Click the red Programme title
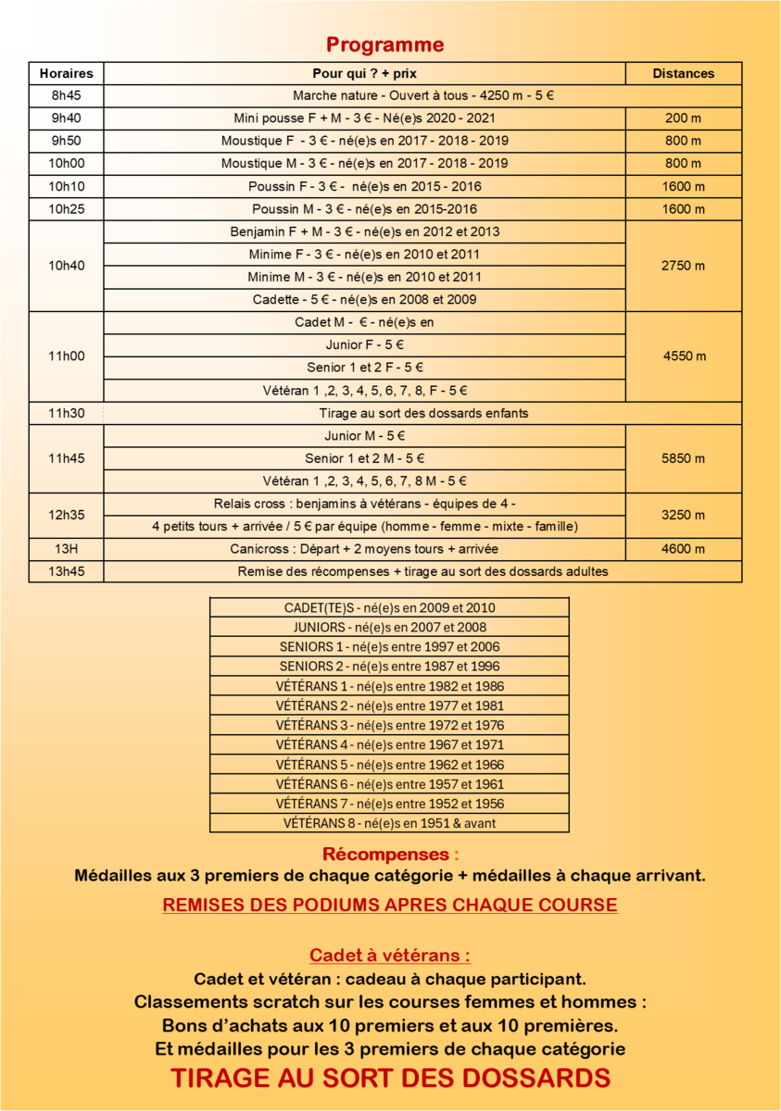(x=384, y=44)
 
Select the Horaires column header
(x=66, y=73)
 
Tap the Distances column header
(x=683, y=73)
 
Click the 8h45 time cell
(x=66, y=95)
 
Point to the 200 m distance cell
(x=683, y=118)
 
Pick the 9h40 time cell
(x=66, y=118)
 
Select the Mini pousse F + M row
(x=364, y=118)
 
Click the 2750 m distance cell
(x=683, y=266)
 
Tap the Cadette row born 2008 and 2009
(x=364, y=300)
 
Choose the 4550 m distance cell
(x=683, y=356)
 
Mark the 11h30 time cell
(x=66, y=413)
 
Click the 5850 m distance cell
(x=683, y=458)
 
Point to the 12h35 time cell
(x=66, y=515)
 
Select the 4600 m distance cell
(x=683, y=549)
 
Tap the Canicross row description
(x=364, y=549)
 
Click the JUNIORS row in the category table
(x=389, y=628)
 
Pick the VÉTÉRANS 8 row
(x=389, y=823)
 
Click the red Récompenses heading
(x=390, y=854)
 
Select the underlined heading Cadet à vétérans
(x=390, y=955)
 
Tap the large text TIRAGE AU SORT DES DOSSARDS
(x=390, y=1079)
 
